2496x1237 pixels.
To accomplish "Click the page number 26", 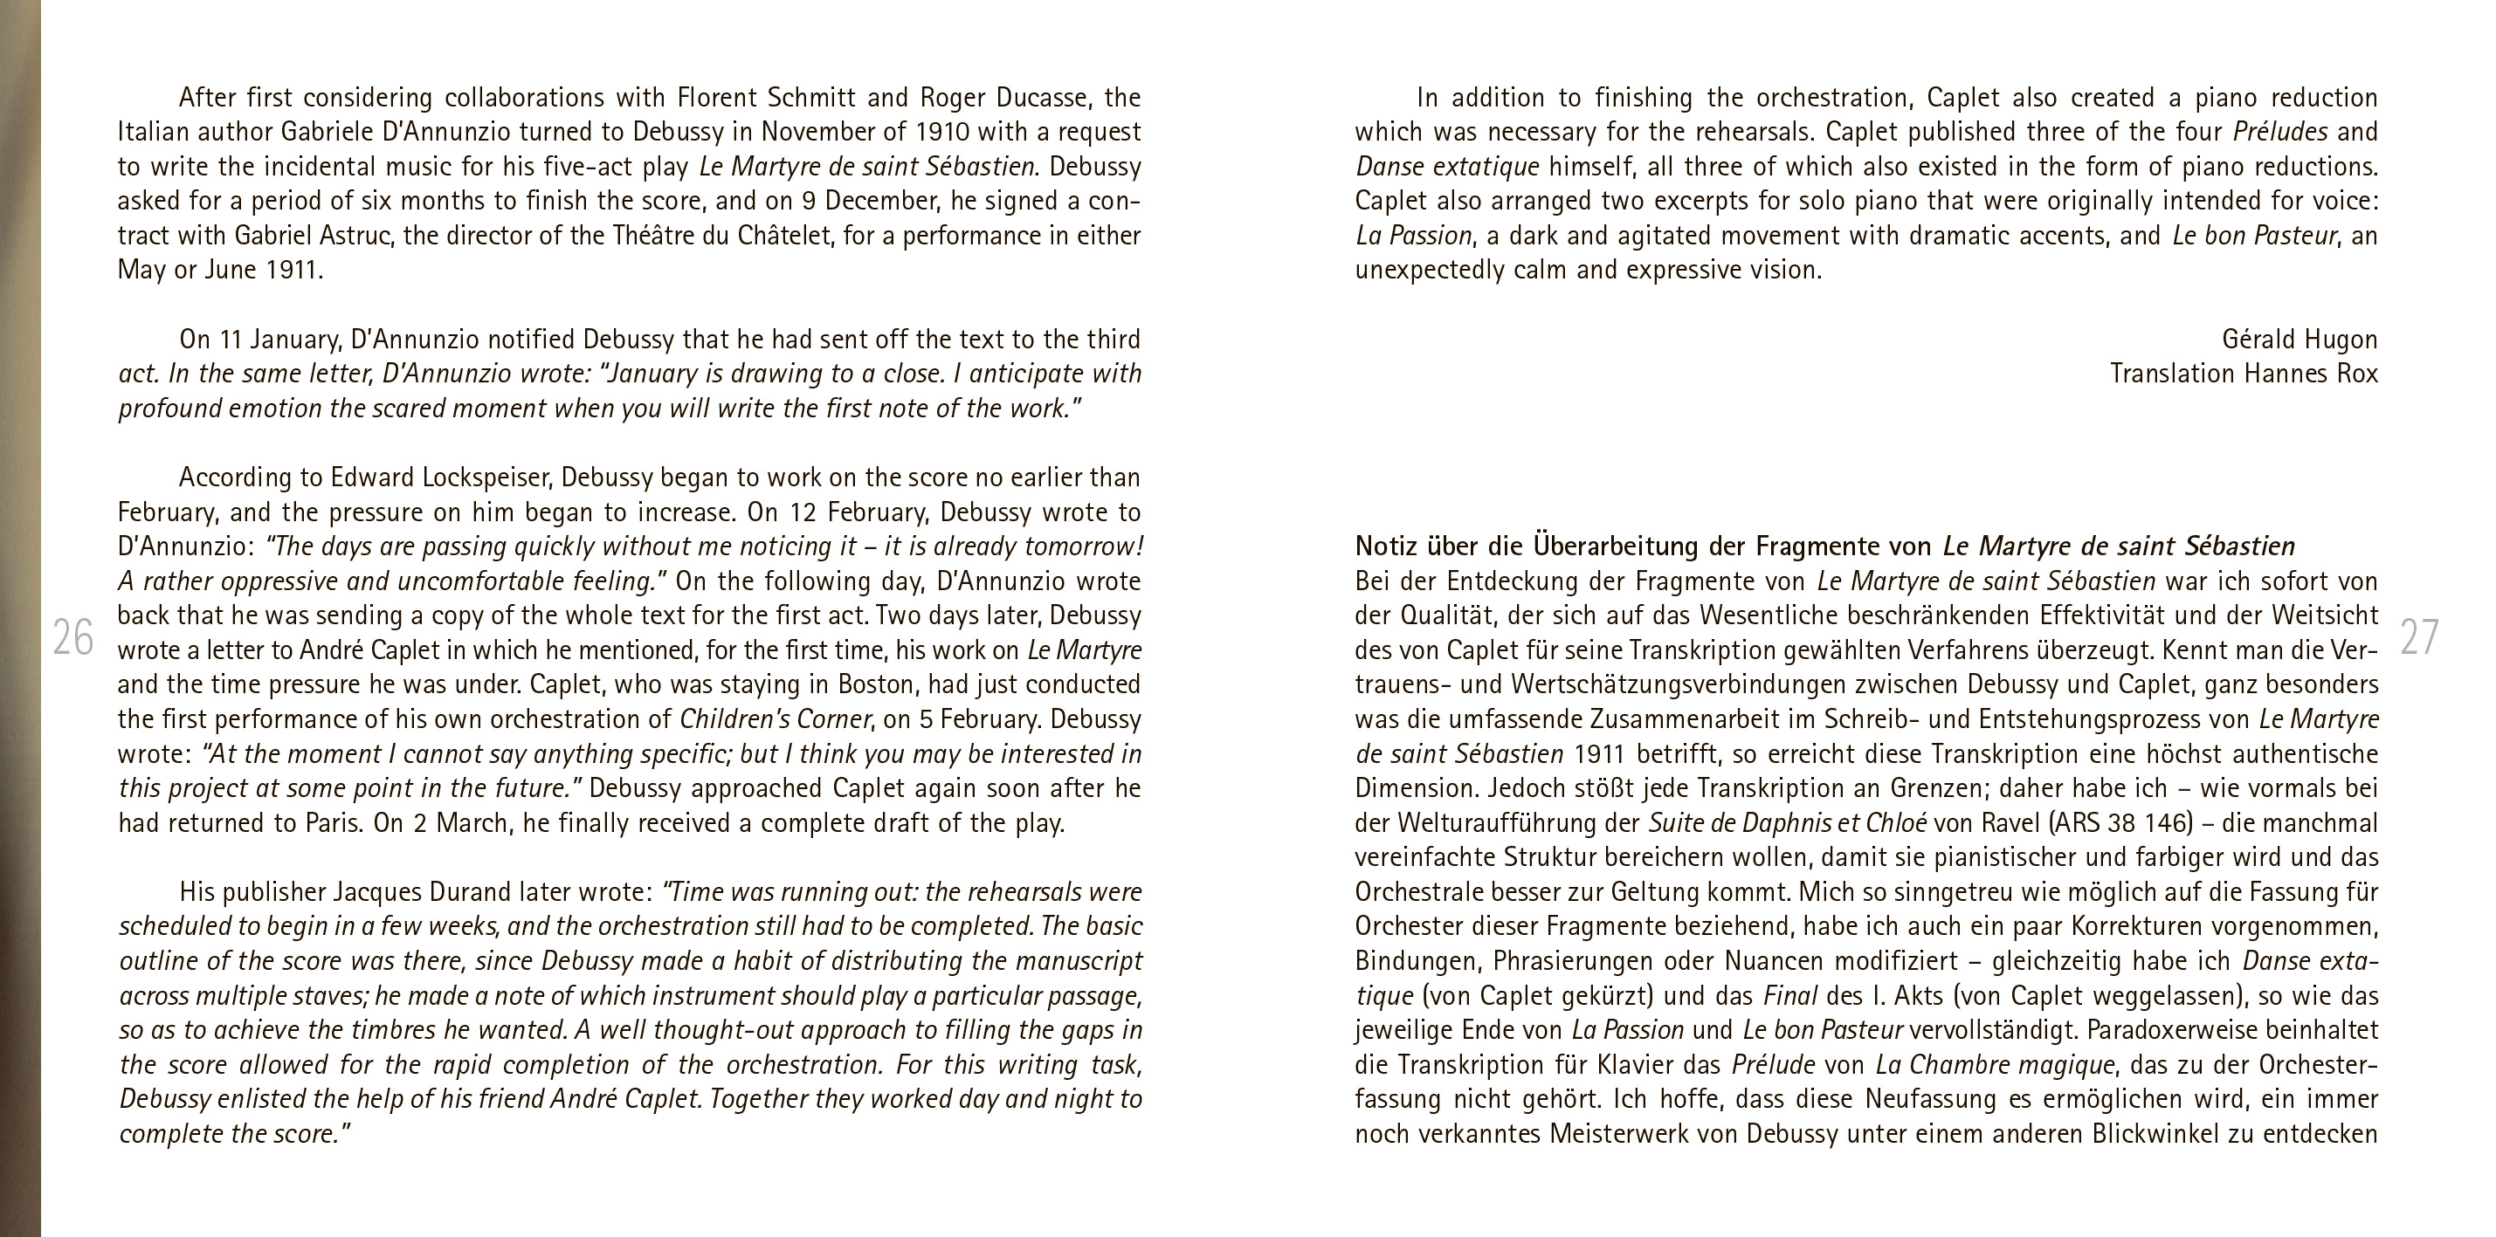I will [x=72, y=637].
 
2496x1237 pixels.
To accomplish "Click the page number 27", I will [x=2418, y=637].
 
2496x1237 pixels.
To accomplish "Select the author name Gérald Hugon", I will [x=2299, y=340].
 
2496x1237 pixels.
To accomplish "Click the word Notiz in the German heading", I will [x=1387, y=546].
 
